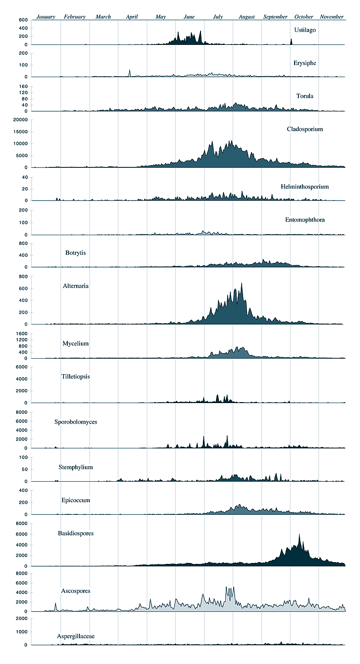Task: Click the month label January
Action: click(46, 17)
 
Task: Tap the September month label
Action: click(275, 17)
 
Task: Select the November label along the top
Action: click(331, 17)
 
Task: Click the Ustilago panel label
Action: click(305, 30)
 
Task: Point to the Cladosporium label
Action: click(305, 129)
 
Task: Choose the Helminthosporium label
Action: click(305, 187)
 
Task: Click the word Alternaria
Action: click(76, 286)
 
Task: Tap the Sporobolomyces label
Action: click(76, 421)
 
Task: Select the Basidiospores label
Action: click(76, 533)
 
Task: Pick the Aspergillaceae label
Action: click(76, 636)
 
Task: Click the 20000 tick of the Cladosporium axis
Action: click(21, 120)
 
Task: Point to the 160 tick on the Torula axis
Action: click(23, 87)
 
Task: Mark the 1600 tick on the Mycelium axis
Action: click(22, 333)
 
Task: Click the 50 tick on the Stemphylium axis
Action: click(24, 469)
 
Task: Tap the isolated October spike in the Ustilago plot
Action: click(291, 42)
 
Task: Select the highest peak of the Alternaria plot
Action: click(242, 283)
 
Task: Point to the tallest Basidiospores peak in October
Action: click(299, 534)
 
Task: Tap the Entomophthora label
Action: click(305, 220)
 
